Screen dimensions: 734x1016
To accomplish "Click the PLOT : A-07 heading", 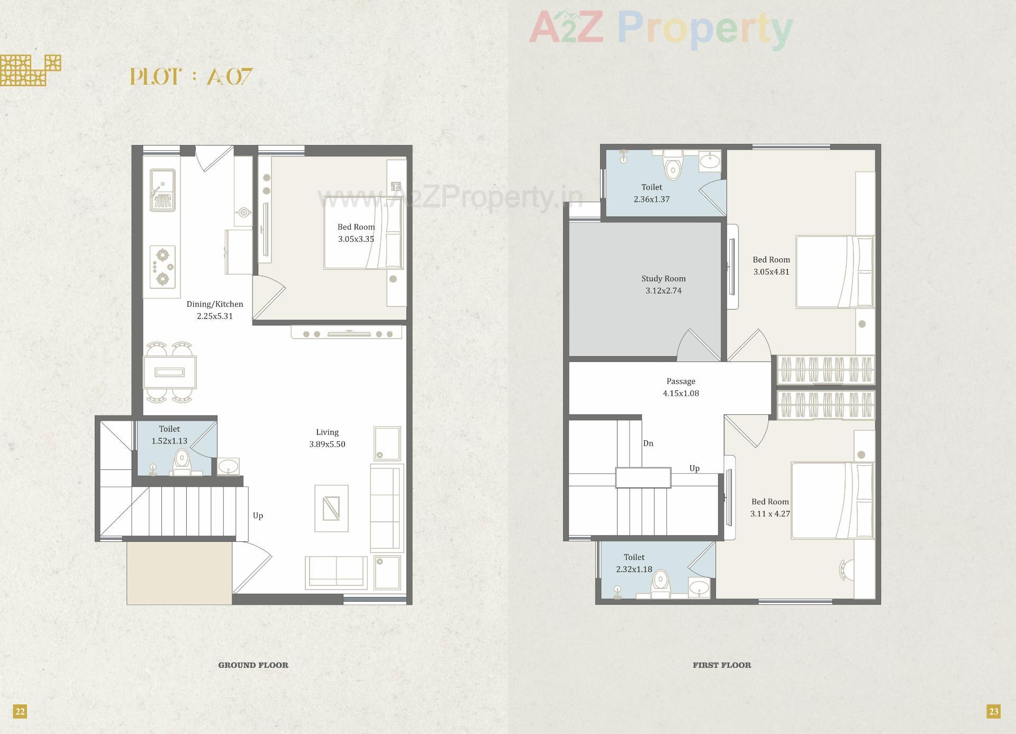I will (192, 77).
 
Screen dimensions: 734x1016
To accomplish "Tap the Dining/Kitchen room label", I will (215, 304).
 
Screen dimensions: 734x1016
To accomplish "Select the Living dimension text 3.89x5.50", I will (327, 445).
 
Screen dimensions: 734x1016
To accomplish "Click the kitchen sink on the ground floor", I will (162, 189).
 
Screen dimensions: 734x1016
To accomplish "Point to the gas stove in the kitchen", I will (162, 267).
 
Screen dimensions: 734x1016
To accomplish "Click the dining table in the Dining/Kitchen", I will (170, 373).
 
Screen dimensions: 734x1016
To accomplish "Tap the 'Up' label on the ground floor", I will (258, 516).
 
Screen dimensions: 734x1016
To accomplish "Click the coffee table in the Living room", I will (331, 508).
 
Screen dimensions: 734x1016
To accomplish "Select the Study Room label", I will (663, 279).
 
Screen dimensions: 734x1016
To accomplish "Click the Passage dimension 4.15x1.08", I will (681, 394).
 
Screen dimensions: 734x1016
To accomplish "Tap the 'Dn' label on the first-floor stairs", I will (648, 443).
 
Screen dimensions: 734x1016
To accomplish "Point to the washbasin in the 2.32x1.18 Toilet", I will (700, 587).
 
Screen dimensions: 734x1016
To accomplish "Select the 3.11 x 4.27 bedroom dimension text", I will (770, 514).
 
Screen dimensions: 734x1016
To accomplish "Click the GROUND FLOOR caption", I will (253, 665).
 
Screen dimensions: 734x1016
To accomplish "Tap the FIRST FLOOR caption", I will (722, 665).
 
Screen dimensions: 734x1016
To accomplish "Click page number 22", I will (20, 711).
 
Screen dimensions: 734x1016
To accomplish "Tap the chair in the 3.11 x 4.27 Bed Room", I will (845, 570).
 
